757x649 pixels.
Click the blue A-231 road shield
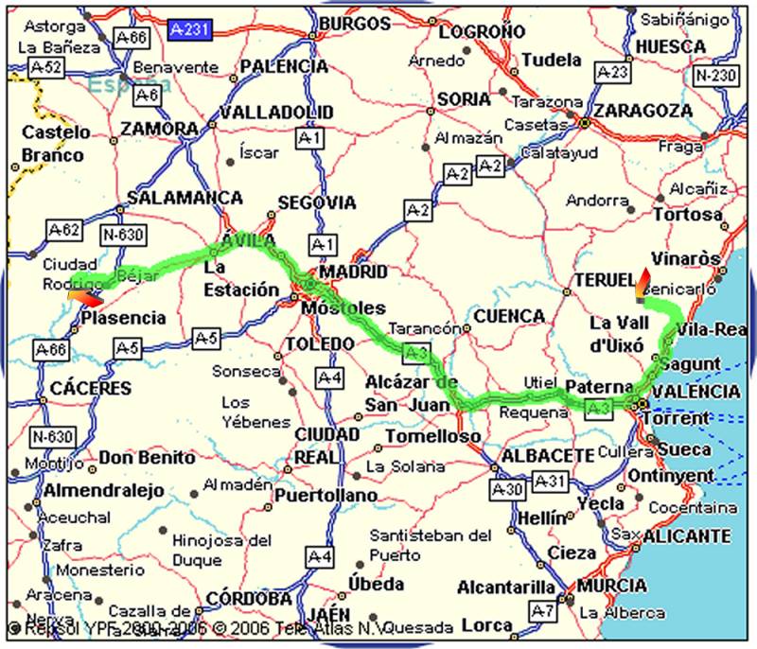[190, 30]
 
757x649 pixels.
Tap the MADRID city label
[353, 272]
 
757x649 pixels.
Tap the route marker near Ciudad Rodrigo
[83, 298]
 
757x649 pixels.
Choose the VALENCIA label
[697, 391]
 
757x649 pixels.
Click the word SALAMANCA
[185, 198]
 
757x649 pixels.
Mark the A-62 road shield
[64, 230]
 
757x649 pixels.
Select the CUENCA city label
[509, 316]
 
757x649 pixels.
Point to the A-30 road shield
[508, 489]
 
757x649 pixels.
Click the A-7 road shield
[542, 609]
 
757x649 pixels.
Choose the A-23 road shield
[613, 73]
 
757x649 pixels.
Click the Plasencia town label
[123, 318]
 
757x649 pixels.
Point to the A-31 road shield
[549, 482]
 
